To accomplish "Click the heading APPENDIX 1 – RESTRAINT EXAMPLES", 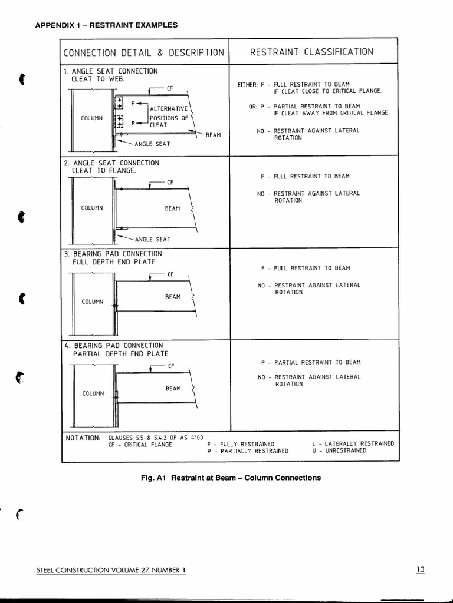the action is click(x=107, y=25).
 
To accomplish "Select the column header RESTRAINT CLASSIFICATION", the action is click(x=311, y=52).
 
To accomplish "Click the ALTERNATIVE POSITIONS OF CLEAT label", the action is click(x=169, y=117).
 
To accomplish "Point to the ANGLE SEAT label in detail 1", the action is click(x=152, y=144).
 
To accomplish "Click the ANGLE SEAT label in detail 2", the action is click(x=152, y=239).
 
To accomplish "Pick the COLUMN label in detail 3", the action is click(x=93, y=301).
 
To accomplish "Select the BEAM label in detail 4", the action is click(x=173, y=389).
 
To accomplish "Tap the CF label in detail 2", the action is click(x=170, y=182).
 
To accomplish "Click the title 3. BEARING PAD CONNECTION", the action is click(x=113, y=254).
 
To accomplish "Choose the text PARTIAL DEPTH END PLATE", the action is click(x=120, y=354).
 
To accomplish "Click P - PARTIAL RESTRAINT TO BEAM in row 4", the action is click(x=310, y=362).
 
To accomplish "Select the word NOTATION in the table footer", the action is click(x=82, y=438).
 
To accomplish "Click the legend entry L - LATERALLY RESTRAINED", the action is click(x=353, y=443).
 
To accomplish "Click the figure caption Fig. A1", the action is click(x=155, y=478).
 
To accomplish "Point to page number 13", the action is click(x=419, y=569).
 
